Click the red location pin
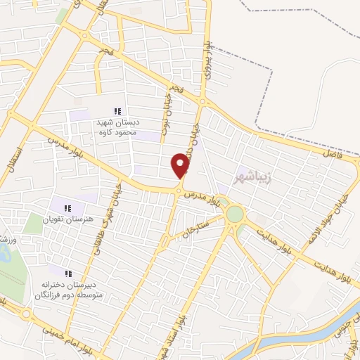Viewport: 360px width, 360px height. pos(181,166)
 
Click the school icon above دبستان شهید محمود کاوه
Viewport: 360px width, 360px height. pos(118,111)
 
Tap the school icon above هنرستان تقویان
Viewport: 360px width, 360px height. pos(68,208)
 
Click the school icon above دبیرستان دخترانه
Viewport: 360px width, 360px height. pos(68,274)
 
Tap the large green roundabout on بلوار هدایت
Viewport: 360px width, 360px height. pos(235,214)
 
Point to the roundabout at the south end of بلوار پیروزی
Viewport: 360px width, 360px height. pos(202,103)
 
